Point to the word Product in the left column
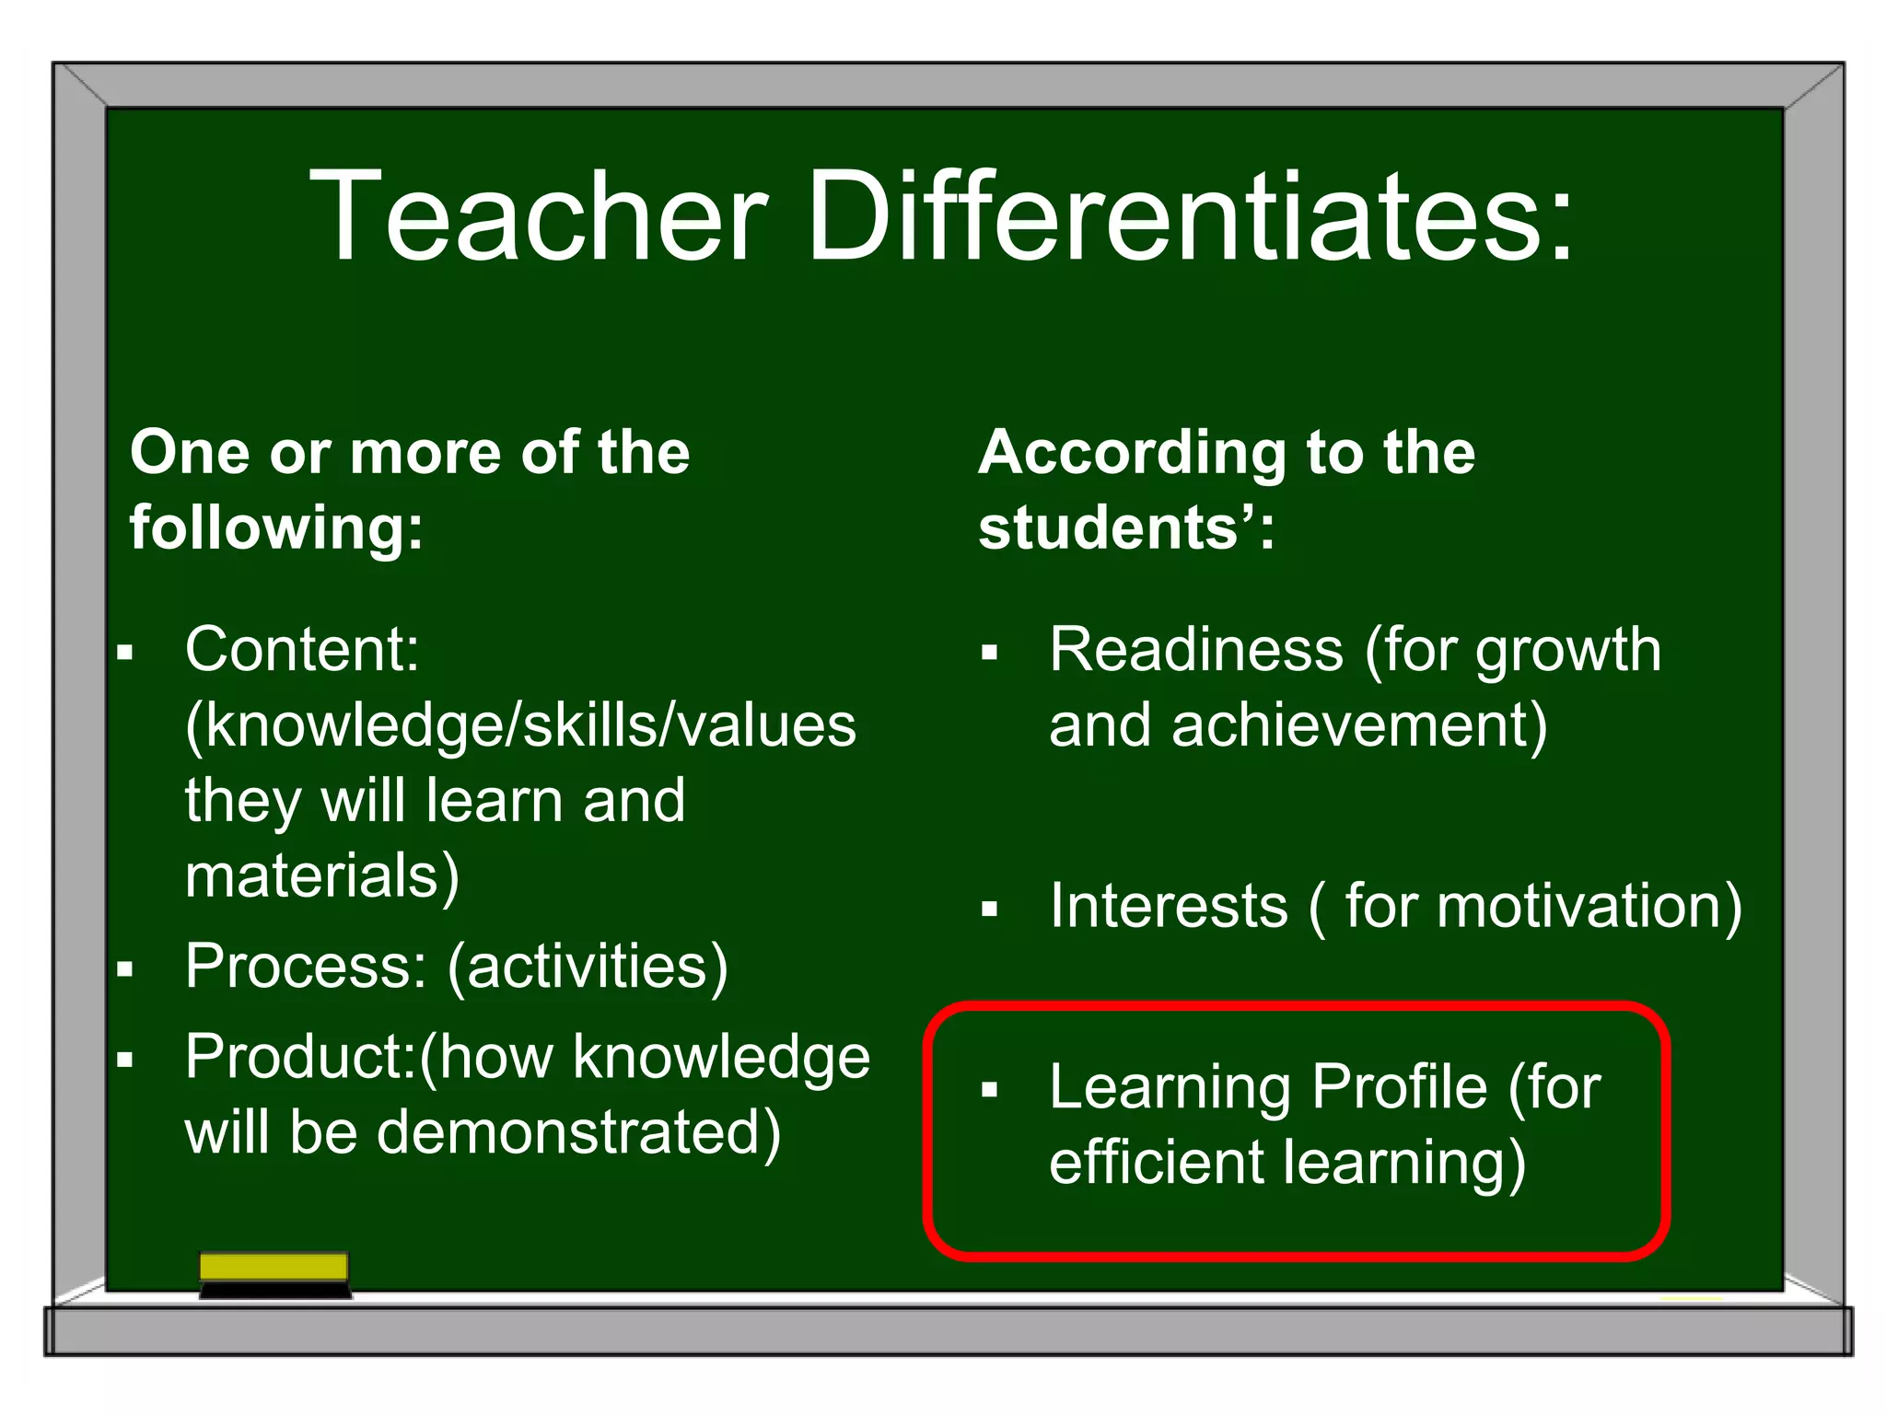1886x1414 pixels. (298, 1056)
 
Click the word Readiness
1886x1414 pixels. (1195, 650)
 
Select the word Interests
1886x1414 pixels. (1168, 906)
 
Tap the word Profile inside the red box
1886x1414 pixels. (1399, 1087)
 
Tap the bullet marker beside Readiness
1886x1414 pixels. (990, 654)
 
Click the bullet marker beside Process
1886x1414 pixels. (125, 969)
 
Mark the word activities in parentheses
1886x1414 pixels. (588, 966)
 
